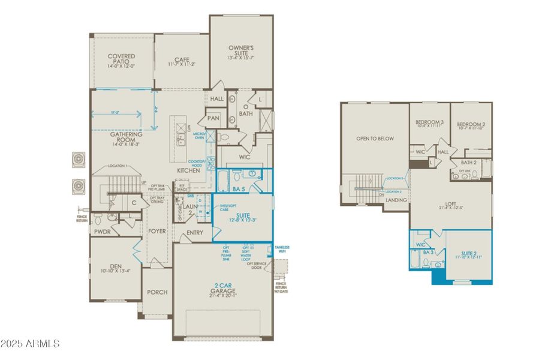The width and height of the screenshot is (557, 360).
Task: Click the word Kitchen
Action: click(x=188, y=171)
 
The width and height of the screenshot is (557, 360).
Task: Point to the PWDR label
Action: click(x=101, y=230)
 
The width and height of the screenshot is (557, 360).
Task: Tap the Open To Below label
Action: click(x=375, y=139)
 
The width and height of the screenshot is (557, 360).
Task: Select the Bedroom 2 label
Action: click(x=471, y=123)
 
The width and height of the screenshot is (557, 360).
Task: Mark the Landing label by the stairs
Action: click(x=396, y=200)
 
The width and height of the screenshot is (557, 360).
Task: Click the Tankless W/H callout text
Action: click(x=282, y=249)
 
